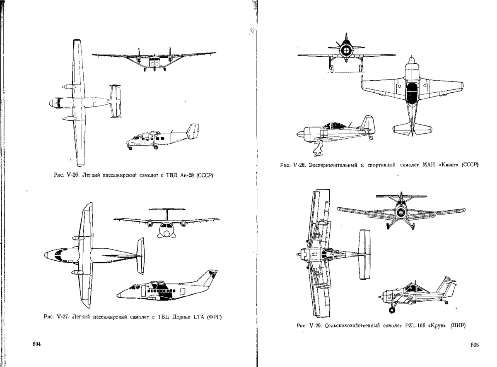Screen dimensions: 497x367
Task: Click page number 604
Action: [36, 344]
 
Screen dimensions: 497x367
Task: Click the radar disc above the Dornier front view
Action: [167, 210]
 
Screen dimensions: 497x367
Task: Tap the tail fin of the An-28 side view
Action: [193, 131]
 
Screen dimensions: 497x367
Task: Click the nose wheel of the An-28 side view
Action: [130, 148]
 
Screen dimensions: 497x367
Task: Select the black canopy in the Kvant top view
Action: [412, 93]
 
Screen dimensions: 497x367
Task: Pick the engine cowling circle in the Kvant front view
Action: [346, 50]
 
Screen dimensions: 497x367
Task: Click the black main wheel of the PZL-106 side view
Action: [392, 310]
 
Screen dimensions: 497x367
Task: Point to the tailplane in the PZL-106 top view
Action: [364, 254]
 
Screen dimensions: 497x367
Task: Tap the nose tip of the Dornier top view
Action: [44, 255]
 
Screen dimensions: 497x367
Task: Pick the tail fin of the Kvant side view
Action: [367, 123]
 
